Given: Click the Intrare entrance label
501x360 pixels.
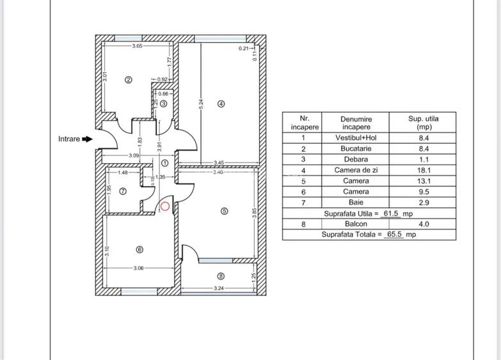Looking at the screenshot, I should (69, 139).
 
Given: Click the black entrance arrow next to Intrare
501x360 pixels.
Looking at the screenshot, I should (88, 139).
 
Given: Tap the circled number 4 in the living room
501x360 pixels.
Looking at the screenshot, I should (221, 104).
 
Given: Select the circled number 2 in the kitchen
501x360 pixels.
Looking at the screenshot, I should (128, 80).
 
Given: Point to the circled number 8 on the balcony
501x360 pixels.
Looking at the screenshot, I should (221, 276).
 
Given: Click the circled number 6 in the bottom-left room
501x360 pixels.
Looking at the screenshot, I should (139, 250).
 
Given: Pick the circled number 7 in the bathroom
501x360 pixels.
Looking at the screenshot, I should (123, 191).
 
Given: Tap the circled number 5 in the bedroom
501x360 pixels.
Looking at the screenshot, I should (224, 212).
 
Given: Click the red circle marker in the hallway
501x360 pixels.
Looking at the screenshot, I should (165, 206).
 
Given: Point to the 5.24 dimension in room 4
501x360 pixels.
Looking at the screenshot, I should (201, 102).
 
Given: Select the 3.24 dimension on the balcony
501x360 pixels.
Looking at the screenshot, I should (219, 288).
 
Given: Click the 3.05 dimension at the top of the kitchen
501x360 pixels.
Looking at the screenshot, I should (137, 46).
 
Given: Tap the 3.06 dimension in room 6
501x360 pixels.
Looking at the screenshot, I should (139, 268).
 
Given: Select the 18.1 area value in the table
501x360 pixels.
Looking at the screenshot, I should (432, 170).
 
